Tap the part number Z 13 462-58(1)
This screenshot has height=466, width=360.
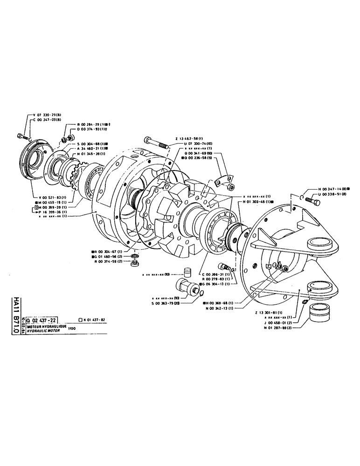click(189, 138)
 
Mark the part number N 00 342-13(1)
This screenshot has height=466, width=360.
click(220, 308)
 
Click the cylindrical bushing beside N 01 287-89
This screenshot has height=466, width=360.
click(319, 315)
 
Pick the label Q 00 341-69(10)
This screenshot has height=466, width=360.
click(199, 153)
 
